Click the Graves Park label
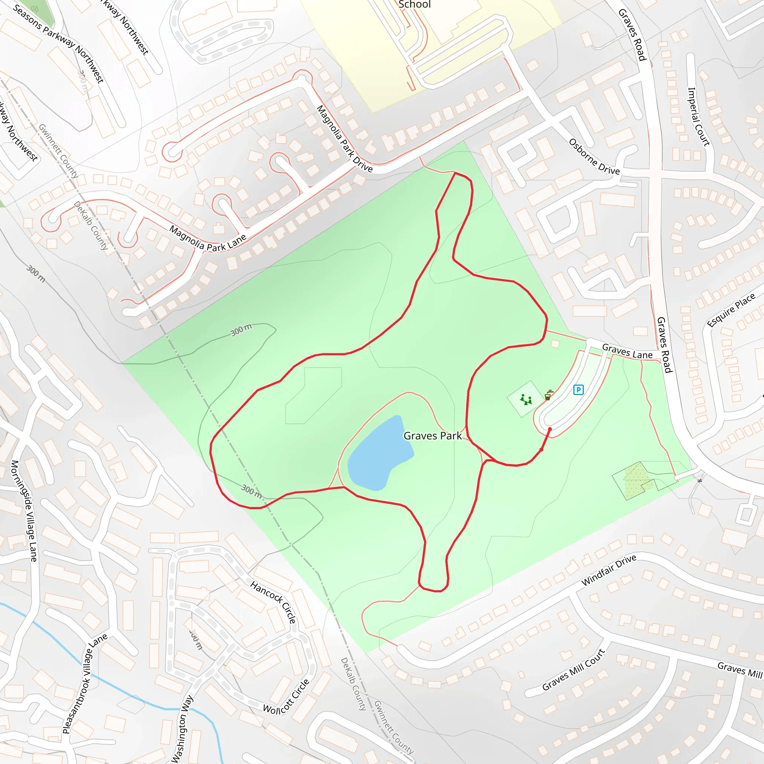click(432, 436)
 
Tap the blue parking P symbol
click(578, 390)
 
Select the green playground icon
click(526, 400)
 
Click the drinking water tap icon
click(548, 395)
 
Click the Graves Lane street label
click(627, 351)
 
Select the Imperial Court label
click(698, 117)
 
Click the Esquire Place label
click(731, 310)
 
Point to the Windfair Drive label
click(608, 570)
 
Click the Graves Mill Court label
click(573, 670)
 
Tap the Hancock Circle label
click(273, 602)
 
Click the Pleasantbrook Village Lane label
click(85, 684)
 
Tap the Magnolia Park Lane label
click(208, 238)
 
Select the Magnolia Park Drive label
click(344, 139)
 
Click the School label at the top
click(414, 5)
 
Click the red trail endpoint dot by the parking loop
click(549, 429)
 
